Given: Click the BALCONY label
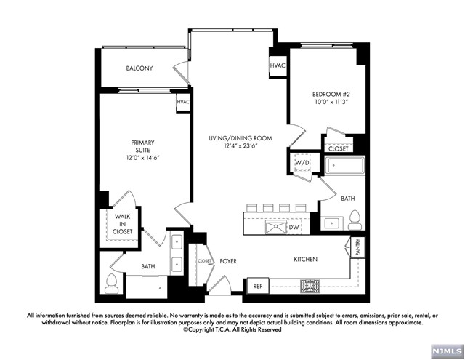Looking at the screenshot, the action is point(139,68).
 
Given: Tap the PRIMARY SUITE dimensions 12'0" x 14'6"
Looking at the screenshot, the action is point(143,158).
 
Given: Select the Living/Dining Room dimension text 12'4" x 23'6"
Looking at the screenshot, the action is point(240,145).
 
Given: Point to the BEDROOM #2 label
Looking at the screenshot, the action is point(331,95).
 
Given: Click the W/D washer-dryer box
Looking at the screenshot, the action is point(302,163).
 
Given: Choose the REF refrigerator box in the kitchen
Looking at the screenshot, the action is point(258,286).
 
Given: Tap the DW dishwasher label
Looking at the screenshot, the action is point(294,228).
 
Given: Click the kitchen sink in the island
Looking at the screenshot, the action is point(276,228).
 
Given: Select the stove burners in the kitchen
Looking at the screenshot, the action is point(310,286).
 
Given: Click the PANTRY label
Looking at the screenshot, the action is point(357,247).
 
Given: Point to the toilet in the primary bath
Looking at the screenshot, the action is point(111,284).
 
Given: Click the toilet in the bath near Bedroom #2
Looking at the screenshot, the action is point(355,220).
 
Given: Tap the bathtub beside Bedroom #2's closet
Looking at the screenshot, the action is point(345,166).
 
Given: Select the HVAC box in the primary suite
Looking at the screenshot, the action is point(183,103).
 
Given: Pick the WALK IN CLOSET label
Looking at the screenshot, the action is point(122,224).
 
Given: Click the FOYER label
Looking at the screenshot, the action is point(228,262).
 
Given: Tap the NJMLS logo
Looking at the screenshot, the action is point(448,352).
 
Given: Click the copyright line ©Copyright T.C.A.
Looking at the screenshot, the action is point(232,329).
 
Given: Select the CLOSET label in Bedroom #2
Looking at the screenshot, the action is point(339,148).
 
